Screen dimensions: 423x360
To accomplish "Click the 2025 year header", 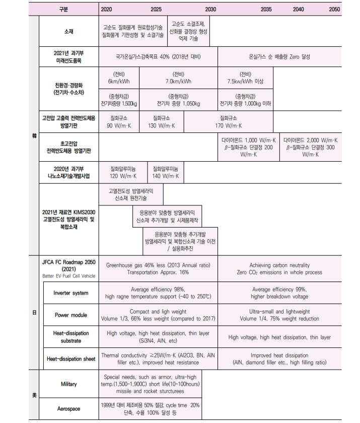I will click(156, 9).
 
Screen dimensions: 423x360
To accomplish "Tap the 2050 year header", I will click(334, 9).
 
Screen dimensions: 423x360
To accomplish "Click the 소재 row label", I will click(68, 31).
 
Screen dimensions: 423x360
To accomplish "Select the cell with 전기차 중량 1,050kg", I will click(178, 100).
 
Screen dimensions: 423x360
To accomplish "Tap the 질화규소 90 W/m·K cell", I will click(119, 121).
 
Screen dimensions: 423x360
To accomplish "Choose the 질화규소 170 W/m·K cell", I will click(229, 121).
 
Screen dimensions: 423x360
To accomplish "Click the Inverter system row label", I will click(70, 293).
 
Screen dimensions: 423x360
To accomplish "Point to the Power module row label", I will click(70, 315).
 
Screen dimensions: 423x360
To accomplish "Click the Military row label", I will click(68, 384).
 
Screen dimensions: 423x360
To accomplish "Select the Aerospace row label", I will click(68, 409).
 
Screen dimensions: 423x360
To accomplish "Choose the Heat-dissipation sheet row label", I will click(70, 359).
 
